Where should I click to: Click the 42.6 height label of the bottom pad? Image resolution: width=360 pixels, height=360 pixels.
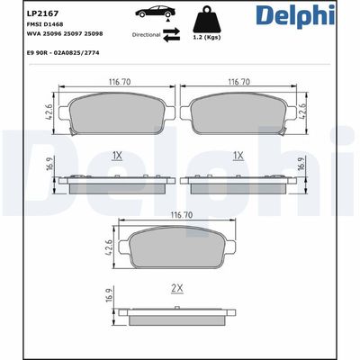[109, 247]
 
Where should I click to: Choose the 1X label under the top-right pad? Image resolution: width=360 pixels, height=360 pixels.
[238, 155]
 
